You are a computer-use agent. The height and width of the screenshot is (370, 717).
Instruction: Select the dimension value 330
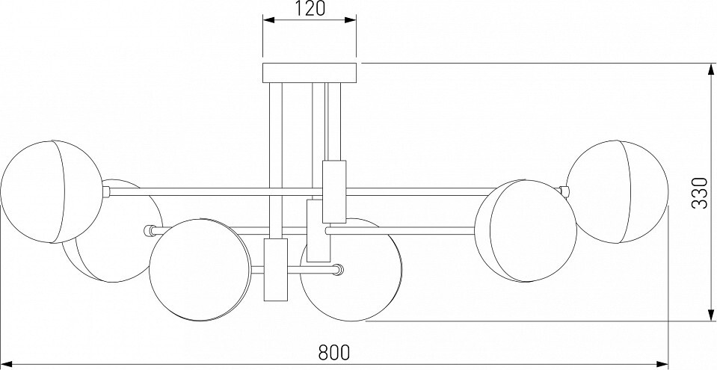point(699,192)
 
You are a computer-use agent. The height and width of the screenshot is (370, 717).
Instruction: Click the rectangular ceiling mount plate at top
point(310,73)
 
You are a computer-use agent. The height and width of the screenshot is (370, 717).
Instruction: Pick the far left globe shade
point(50,191)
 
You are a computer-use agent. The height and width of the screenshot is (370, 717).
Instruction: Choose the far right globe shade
point(621,191)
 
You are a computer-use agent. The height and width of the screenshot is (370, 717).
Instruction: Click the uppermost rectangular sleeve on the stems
point(333,191)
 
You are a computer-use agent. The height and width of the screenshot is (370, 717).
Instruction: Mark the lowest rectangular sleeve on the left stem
point(276,270)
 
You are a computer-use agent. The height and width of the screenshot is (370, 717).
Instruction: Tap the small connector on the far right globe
point(569,191)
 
